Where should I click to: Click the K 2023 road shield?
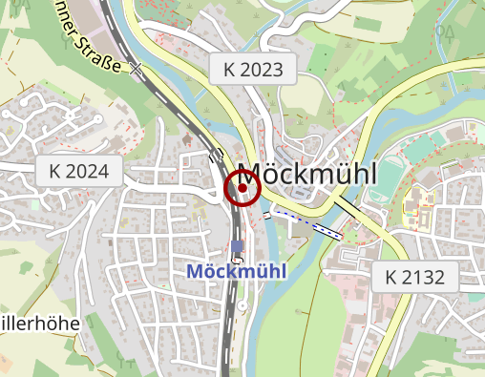pyautogui.click(x=253, y=68)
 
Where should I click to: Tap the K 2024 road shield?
pyautogui.click(x=80, y=172)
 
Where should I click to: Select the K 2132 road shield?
pyautogui.click(x=415, y=278)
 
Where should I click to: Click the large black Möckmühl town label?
pyautogui.click(x=306, y=174)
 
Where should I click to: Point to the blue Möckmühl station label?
pyautogui.click(x=237, y=271)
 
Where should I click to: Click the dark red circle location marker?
pyautogui.click(x=242, y=188)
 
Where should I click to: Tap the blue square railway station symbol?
pyautogui.click(x=237, y=246)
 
